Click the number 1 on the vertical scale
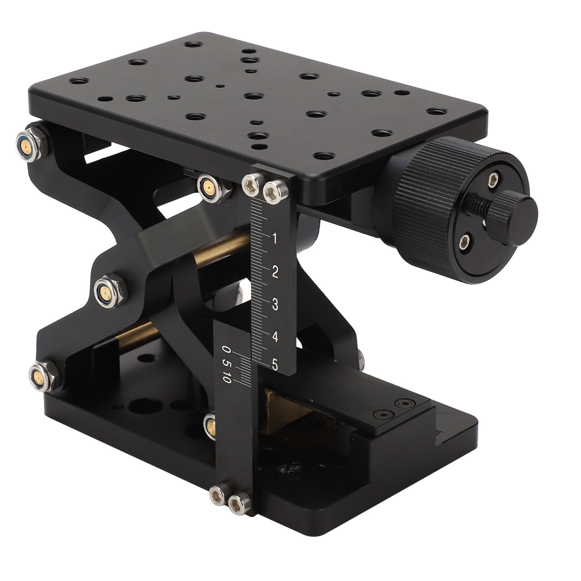[274, 239]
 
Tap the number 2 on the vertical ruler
[275, 271]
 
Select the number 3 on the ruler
[275, 304]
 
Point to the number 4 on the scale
[275, 336]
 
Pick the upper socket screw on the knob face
[493, 179]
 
